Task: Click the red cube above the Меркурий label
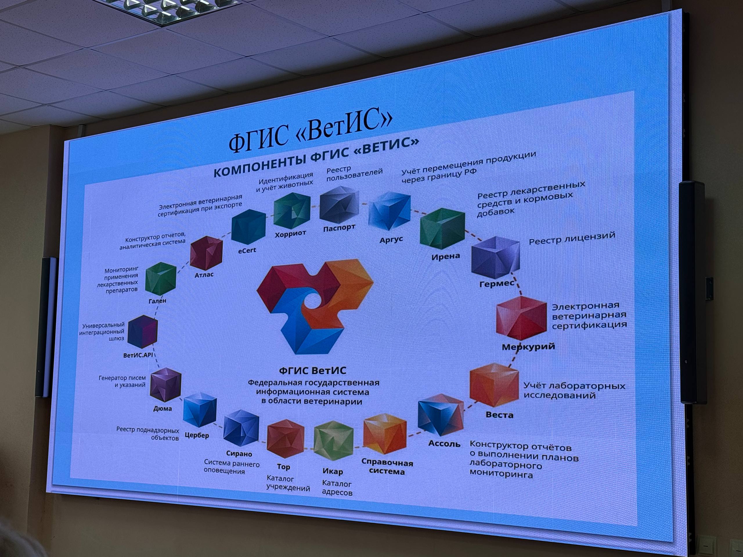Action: coord(522,318)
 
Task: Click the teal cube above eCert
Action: coord(248,227)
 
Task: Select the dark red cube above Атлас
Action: coord(206,253)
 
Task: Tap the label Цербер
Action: coord(197,435)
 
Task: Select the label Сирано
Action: coord(239,454)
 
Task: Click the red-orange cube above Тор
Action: coord(286,438)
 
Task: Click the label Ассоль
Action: coord(444,444)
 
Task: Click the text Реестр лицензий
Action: coord(572,238)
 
